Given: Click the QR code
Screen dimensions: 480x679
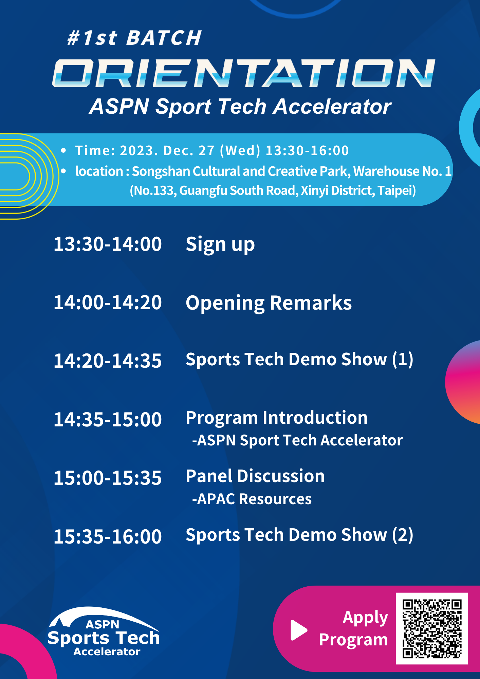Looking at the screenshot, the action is [x=432, y=628].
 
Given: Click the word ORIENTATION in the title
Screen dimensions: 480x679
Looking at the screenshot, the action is [x=243, y=73].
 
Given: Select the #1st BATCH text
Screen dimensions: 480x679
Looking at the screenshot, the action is [x=134, y=37].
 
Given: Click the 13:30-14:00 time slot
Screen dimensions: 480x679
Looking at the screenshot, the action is [x=108, y=244].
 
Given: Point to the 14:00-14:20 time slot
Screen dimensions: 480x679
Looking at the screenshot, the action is [x=108, y=302].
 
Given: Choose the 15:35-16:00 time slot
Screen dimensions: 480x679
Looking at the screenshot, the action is [x=108, y=536].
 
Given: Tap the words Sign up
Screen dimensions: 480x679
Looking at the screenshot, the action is [x=220, y=244].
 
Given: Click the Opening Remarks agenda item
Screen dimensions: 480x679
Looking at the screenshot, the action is [x=269, y=303].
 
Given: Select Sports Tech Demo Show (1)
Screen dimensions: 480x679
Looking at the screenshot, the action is [x=299, y=359].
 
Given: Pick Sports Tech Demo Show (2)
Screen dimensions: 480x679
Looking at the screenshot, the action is [x=299, y=535].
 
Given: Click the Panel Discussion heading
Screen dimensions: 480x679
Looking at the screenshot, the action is [x=255, y=476].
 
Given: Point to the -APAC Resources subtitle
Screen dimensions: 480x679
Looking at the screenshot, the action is [x=252, y=499].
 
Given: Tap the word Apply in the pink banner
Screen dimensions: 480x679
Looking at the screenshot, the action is [x=365, y=618].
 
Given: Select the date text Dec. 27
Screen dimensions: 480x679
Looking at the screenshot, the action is [x=189, y=150].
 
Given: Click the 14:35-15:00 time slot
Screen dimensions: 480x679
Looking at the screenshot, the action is [x=108, y=419].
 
